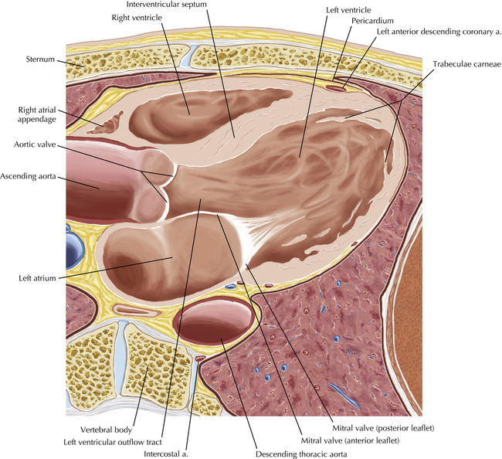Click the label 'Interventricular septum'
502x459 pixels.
(167, 5)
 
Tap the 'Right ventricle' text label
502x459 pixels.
(137, 18)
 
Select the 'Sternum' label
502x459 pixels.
(40, 59)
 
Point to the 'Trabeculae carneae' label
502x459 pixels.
(466, 64)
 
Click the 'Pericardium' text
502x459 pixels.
(372, 21)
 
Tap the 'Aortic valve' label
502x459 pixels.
(35, 144)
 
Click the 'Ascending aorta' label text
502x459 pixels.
(28, 176)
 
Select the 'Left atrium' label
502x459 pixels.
(37, 278)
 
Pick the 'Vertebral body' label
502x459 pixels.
(107, 430)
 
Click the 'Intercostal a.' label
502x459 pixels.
(165, 454)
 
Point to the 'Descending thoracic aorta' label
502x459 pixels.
(301, 454)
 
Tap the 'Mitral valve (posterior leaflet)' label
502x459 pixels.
(383, 428)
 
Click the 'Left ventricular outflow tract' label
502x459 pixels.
(113, 442)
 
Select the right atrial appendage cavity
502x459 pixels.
(106, 124)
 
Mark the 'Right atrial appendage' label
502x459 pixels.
(37, 114)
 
